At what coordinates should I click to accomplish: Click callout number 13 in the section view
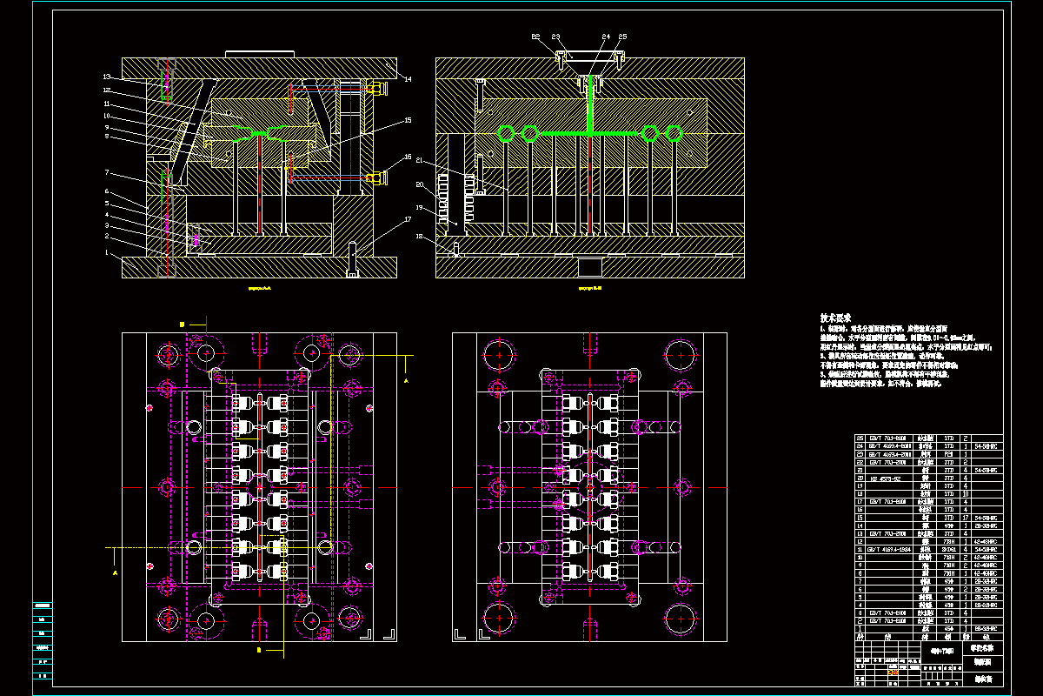tap(107, 77)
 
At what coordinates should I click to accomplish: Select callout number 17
tap(407, 220)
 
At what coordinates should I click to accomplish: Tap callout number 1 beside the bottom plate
tap(107, 253)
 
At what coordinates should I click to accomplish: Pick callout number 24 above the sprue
tap(606, 37)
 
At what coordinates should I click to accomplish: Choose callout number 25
tap(622, 37)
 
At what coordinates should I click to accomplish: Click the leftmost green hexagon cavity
tap(506, 133)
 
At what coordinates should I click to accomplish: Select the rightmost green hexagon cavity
tap(673, 133)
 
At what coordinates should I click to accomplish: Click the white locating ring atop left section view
tap(261, 54)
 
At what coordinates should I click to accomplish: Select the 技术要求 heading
tap(835, 318)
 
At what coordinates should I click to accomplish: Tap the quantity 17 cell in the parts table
tap(967, 518)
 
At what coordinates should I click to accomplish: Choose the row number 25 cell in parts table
tap(860, 438)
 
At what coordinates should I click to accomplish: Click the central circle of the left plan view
tap(260, 488)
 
